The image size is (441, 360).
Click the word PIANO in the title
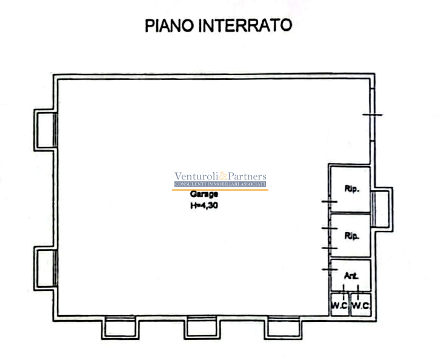(x=171, y=25)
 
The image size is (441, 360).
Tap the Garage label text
(x=204, y=195)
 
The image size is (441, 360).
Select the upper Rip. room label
(x=352, y=188)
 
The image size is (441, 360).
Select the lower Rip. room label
(x=352, y=235)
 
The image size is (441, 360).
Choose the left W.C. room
(x=339, y=306)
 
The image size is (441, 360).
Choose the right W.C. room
(x=360, y=306)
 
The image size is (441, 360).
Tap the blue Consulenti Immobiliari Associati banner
(x=220, y=184)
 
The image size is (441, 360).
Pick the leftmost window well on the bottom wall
(x=119, y=327)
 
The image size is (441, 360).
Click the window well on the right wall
(x=382, y=208)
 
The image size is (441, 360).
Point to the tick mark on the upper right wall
(x=372, y=115)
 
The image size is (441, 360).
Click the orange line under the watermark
(x=220, y=190)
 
